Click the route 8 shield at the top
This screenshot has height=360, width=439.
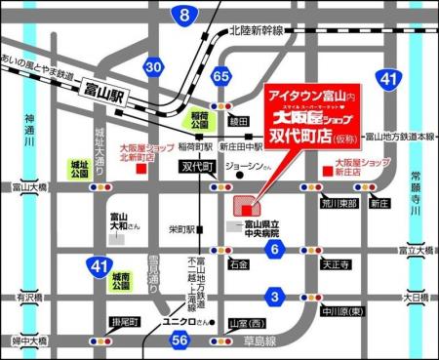(184, 15)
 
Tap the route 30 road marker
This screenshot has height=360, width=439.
(152, 66)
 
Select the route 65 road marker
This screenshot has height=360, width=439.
(222, 76)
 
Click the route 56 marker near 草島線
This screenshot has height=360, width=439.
(179, 340)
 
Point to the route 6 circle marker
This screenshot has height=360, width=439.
(276, 250)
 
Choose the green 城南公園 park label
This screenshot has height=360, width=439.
(118, 284)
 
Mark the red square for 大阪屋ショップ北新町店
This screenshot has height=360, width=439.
(140, 168)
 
